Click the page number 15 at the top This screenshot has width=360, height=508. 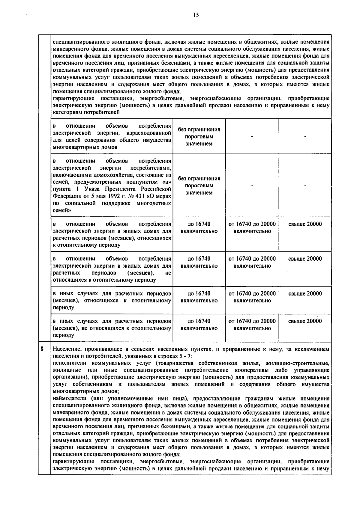(x=196, y=16)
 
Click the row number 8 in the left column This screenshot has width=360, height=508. (x=42, y=349)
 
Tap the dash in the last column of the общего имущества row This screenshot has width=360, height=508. (x=305, y=136)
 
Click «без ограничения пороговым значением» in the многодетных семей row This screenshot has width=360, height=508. (x=199, y=186)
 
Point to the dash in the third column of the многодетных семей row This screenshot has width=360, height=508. (x=252, y=186)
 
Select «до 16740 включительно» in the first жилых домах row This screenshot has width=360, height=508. (x=199, y=227)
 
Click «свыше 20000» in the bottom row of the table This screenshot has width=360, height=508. (x=305, y=321)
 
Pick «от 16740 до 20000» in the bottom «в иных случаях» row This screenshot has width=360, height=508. (x=252, y=321)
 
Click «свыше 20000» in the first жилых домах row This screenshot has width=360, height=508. (x=305, y=224)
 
